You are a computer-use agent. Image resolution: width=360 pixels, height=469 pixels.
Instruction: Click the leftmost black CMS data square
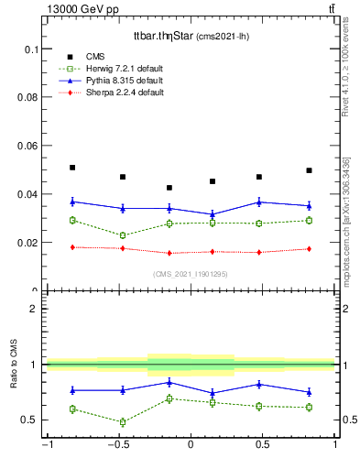pos(72,168)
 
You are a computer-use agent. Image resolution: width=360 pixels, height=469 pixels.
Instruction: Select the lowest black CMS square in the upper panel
pos(169,188)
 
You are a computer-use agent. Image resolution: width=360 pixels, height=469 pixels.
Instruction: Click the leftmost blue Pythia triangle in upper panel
pos(72,202)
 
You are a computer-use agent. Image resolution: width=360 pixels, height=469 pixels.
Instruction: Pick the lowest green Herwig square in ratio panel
pos(122,422)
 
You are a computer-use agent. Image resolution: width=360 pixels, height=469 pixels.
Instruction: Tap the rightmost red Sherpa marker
pos(309,249)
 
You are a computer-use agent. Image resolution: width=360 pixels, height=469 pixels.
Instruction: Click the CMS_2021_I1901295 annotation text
pos(191,274)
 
